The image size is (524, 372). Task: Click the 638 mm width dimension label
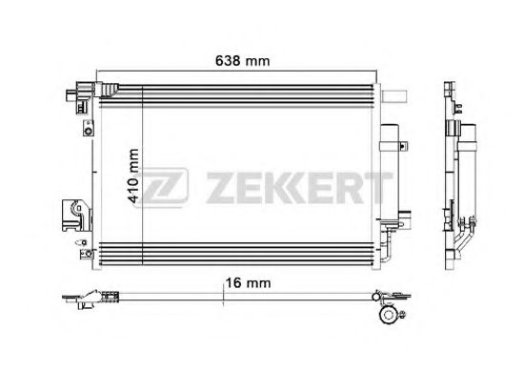242,61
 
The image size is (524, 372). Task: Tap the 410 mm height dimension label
133,176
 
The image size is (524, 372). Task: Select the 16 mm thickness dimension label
248,283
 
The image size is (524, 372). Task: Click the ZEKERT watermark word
299,188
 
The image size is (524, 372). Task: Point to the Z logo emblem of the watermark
161,187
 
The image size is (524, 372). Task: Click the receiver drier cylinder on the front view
390,174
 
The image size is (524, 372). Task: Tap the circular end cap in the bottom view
388,315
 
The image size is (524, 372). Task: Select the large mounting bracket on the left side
76,216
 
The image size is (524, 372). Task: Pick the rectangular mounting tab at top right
394,96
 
